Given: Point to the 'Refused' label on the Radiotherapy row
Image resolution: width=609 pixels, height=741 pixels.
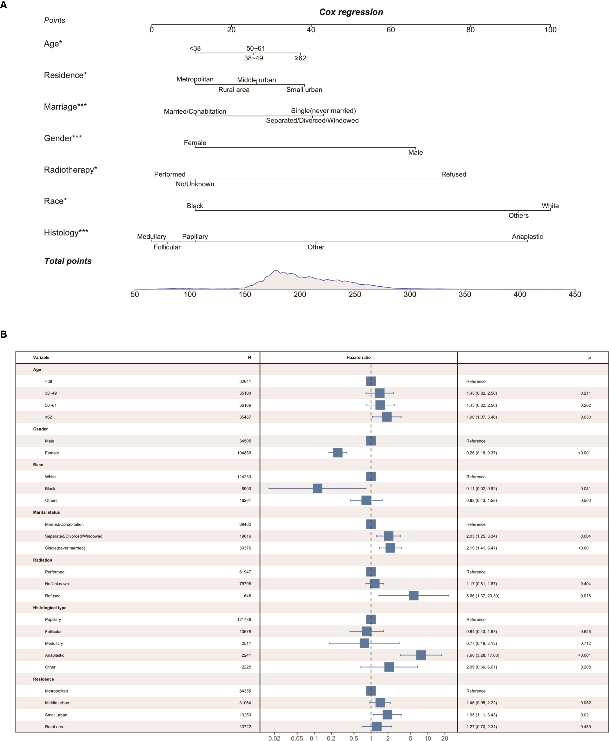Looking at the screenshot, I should point(453,174).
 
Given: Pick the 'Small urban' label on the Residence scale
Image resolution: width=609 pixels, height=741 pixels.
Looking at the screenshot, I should point(304,90).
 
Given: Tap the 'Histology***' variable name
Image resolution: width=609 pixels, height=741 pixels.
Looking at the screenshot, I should point(66,233).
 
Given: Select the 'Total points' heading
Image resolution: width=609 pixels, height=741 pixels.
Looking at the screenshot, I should point(68,261).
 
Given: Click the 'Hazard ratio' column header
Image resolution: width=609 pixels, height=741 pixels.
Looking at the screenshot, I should point(358,358).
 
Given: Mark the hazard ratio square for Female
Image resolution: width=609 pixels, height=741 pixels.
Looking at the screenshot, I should point(337,453).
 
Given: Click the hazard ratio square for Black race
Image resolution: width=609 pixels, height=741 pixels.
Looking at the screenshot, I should point(317,488).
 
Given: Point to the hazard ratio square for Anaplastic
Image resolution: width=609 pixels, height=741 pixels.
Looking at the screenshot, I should point(421,655).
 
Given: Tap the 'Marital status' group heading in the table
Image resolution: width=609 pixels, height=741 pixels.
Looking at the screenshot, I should point(46,512).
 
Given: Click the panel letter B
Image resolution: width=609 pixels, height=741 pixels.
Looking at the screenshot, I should point(4,334).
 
